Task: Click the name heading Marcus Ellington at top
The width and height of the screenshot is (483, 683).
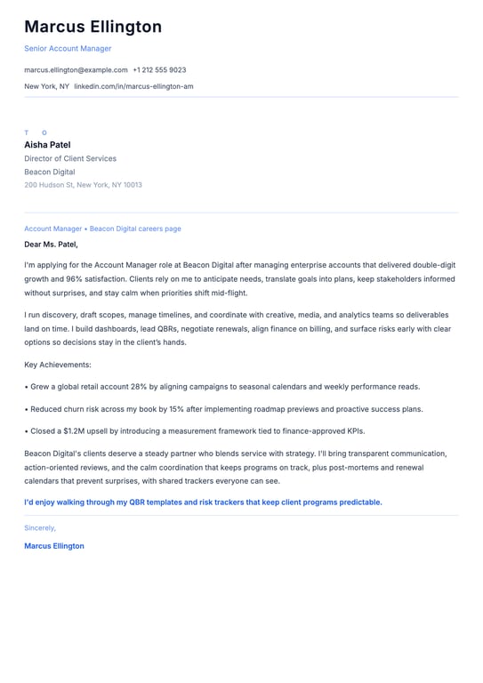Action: tap(93, 27)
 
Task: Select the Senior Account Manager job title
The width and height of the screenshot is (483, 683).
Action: tap(68, 48)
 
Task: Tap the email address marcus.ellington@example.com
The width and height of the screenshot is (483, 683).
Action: tap(76, 69)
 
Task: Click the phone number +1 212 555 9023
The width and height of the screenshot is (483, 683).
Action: tap(159, 69)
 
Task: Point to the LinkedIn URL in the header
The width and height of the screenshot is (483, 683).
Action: tap(133, 86)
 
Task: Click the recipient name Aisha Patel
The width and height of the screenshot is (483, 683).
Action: tap(47, 144)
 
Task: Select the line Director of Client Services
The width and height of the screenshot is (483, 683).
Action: tap(70, 158)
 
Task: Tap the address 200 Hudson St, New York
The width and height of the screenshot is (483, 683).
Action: tap(83, 185)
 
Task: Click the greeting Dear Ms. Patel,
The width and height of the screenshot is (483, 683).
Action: tap(51, 244)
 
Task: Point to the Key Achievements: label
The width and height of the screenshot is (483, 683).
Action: tap(58, 365)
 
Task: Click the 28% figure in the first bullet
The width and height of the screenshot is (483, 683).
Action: tap(140, 387)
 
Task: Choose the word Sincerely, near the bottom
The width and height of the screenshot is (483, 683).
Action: tap(40, 527)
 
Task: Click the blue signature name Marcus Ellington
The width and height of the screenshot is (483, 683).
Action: tap(54, 546)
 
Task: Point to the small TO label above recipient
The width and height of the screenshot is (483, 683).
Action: tap(36, 133)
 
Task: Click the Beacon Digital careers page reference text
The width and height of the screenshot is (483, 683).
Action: tap(135, 229)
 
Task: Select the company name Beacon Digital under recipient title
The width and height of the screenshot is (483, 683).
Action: tap(50, 172)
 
